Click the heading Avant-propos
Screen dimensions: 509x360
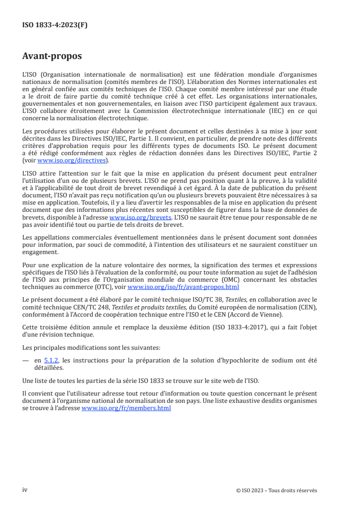pyautogui.click(x=52, y=56)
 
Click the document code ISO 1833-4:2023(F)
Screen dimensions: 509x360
pyautogui.click(x=54, y=25)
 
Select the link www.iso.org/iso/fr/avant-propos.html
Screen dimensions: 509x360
pyautogui.click(x=183, y=287)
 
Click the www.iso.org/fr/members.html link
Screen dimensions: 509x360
pyautogui.click(x=126, y=408)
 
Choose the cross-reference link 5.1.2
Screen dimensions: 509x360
pyautogui.click(x=52, y=361)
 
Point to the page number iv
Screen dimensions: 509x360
pyautogui.click(x=25, y=490)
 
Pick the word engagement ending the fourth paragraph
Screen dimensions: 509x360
pyautogui.click(x=40, y=252)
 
